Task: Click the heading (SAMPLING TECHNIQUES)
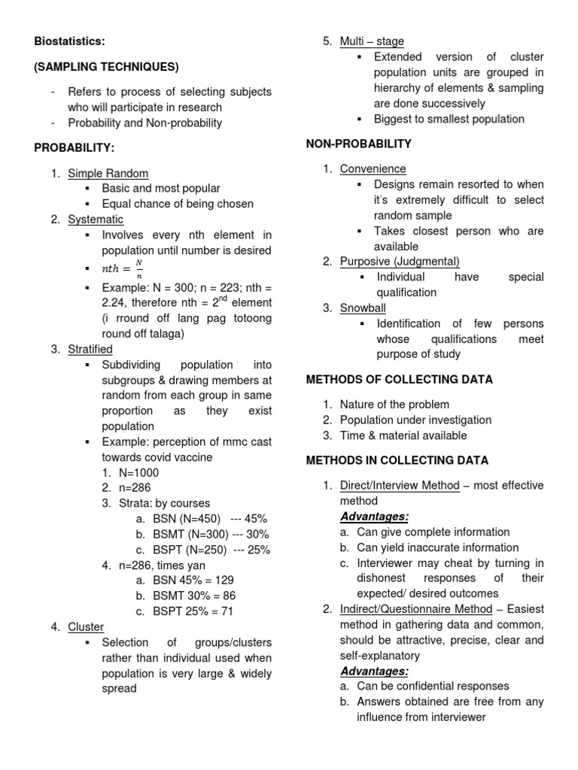[106, 67]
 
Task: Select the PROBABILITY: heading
[74, 147]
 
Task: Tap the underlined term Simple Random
[108, 173]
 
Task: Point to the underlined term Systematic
[96, 220]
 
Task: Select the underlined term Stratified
[90, 349]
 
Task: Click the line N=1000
[138, 473]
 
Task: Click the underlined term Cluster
[86, 626]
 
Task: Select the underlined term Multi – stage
[372, 41]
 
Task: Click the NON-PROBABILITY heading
[358, 143]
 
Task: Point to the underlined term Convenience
[373, 168]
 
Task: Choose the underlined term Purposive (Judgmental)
[400, 261]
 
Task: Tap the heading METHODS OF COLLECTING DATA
[399, 379]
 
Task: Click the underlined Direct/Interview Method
[399, 485]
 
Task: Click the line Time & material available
[403, 435]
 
